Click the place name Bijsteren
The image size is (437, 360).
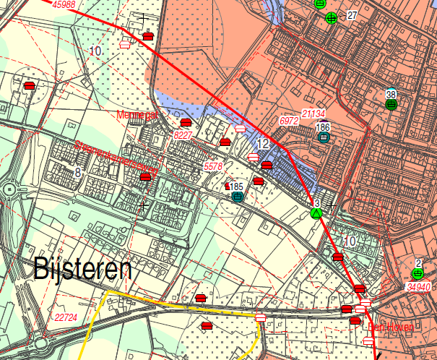83,270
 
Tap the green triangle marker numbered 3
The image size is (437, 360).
316,213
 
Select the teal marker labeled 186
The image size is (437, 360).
324,137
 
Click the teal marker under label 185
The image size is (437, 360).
237,196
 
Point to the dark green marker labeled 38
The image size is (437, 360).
391,104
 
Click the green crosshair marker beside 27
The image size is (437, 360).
331,18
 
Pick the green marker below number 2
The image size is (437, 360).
417,273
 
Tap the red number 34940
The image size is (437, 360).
419,287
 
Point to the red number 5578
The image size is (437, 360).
214,167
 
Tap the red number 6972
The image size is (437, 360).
289,121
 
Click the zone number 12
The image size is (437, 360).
264,145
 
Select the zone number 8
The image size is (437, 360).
78,172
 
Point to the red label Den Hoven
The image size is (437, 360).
391,327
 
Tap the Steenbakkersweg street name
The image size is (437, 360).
116,155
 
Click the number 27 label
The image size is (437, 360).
352,15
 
